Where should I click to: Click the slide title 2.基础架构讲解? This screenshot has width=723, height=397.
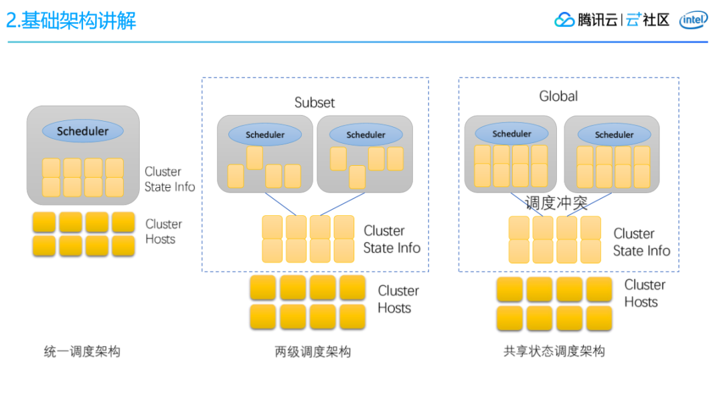[71, 20]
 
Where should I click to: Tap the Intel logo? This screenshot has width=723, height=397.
[693, 20]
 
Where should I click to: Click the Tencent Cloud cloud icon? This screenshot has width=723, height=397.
[564, 20]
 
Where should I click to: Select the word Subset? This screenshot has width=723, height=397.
[315, 102]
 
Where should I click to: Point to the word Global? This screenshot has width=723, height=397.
[558, 96]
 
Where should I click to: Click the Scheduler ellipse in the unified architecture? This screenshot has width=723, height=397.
[82, 131]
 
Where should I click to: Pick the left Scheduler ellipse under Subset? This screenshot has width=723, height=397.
[264, 134]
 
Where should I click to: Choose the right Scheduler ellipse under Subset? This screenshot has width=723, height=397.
[366, 134]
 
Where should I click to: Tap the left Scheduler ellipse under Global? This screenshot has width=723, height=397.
[511, 134]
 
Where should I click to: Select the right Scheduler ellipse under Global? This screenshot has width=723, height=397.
[614, 134]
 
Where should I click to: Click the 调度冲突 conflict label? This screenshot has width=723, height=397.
[556, 203]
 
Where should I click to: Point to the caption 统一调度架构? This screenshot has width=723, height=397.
[82, 352]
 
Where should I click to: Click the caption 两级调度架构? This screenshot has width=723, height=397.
[313, 352]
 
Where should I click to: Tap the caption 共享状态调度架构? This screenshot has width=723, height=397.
[554, 351]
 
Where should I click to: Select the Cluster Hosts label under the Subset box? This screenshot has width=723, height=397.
[398, 299]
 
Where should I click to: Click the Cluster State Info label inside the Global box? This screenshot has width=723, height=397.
[641, 242]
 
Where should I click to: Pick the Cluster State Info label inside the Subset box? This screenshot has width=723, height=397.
[392, 239]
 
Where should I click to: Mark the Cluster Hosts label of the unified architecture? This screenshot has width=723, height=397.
[164, 231]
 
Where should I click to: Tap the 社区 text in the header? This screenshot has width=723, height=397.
[655, 20]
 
